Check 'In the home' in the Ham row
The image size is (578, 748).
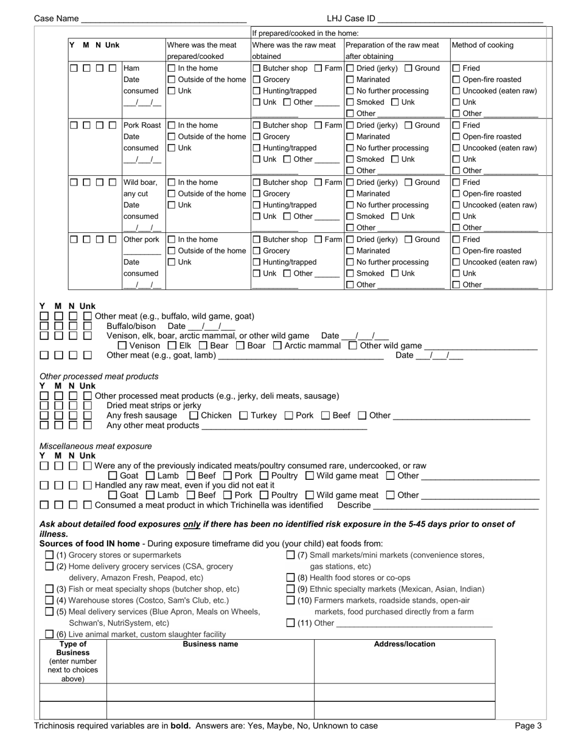[x=172, y=69]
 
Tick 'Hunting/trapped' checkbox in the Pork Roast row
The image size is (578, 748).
[x=256, y=148]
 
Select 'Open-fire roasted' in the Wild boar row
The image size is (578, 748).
[x=456, y=194]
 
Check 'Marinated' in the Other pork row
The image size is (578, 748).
[x=350, y=251]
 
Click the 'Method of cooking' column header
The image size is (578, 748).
[x=482, y=46]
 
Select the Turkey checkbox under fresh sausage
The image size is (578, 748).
[x=243, y=416]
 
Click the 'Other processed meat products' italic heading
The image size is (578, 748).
[x=99, y=376]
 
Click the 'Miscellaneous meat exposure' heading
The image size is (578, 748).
[x=96, y=446]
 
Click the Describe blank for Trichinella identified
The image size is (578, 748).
[x=456, y=506]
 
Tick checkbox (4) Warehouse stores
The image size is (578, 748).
[x=50, y=601]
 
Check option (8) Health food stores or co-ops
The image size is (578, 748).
[x=291, y=578]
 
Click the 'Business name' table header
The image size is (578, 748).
[x=211, y=644]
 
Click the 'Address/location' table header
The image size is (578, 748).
[x=405, y=644]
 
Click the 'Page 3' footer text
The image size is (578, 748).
[x=528, y=725]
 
